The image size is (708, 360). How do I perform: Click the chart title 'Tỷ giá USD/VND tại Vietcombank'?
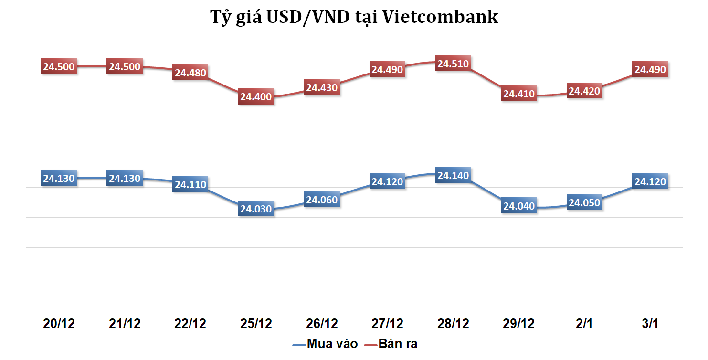coord(354,17)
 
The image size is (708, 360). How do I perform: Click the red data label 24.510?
coord(453,64)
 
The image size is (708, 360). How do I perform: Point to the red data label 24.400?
coord(256,97)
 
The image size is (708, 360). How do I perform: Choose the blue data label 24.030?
coord(256,209)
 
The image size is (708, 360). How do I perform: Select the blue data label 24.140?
coord(453,176)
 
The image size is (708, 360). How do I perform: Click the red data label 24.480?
coord(190,73)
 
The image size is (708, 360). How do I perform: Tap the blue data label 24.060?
coord(322,200)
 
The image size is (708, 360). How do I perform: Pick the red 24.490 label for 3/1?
coord(650,70)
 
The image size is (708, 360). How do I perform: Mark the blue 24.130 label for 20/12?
coord(59,179)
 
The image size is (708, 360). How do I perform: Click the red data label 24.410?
coord(518,94)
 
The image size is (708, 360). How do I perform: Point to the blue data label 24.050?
coord(584,203)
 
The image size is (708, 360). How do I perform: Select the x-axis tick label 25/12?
coord(256,324)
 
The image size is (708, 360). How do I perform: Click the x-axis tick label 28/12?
coord(453,324)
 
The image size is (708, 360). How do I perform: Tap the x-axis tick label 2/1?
coord(584,324)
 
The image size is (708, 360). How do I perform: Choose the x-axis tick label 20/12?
coord(59,324)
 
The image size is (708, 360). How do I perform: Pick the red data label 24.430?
coord(322,88)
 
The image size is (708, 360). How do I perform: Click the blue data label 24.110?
coord(190,185)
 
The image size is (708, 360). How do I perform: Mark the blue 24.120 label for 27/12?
coord(387,181)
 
